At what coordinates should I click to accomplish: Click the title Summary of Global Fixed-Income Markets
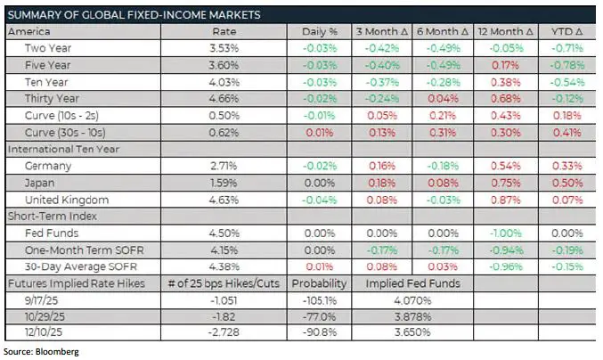coord(134,15)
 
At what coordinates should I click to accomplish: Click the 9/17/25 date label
coord(43,300)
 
